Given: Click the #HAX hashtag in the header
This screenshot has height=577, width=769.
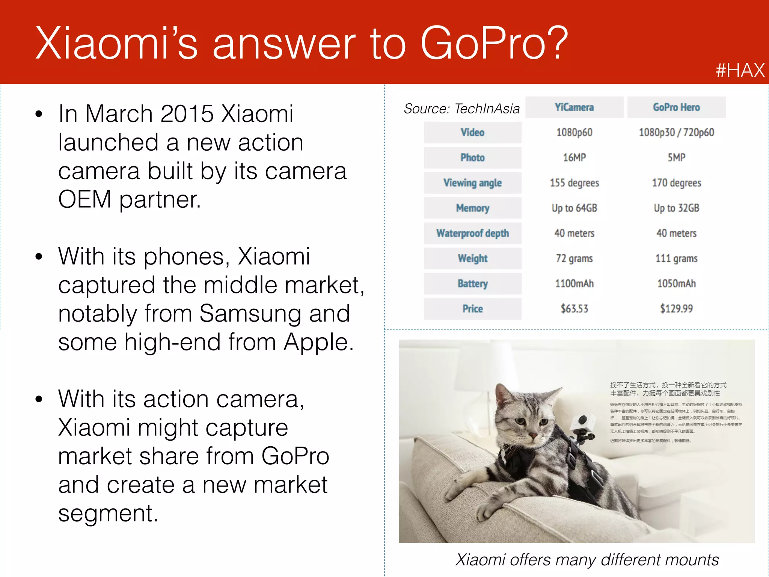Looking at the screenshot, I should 740,70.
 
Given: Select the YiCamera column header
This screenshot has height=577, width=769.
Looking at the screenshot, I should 574,107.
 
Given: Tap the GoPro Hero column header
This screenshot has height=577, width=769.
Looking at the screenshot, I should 676,107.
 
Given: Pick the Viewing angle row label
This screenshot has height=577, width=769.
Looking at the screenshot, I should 472,183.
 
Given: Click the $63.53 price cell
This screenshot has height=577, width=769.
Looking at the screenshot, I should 574,309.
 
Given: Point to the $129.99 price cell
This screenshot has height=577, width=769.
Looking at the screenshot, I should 676,309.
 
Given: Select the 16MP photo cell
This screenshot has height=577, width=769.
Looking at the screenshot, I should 574,158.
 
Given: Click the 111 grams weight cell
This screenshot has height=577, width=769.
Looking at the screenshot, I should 676,258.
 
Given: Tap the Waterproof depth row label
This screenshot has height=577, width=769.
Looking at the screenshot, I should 472,233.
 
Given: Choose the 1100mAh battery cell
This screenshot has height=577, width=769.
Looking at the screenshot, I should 574,284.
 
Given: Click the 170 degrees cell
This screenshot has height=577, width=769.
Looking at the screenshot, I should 676,183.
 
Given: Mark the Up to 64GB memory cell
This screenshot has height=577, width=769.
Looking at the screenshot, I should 574,208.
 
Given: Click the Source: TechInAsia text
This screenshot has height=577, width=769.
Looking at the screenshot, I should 461,109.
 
